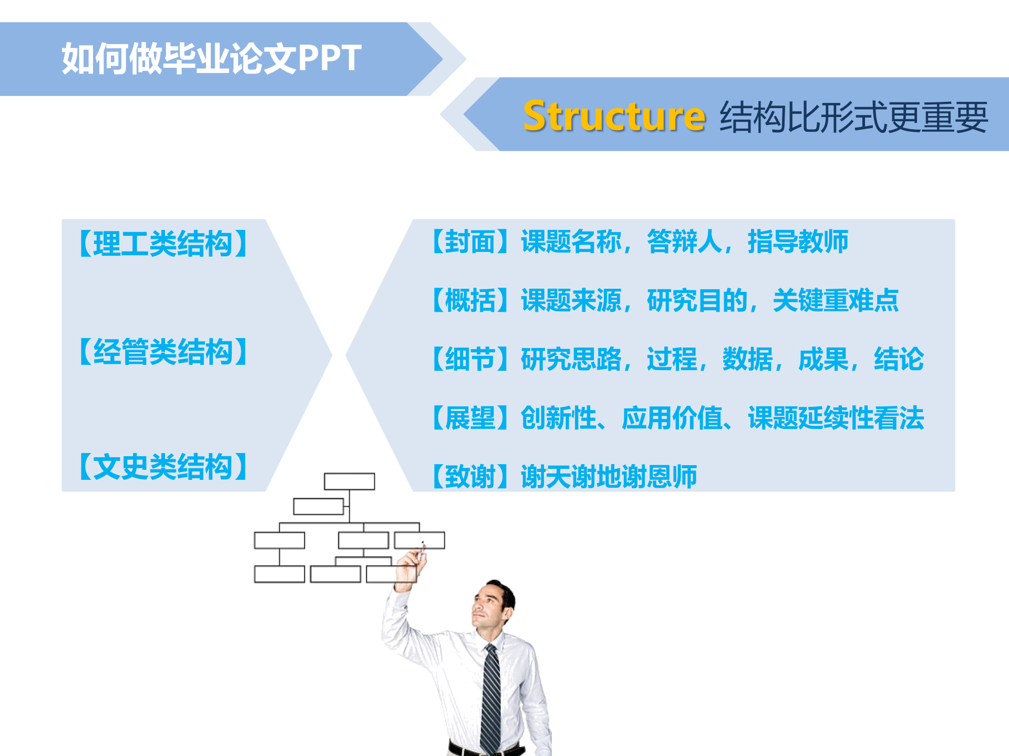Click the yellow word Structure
[x=614, y=116]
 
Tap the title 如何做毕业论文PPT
[x=211, y=58]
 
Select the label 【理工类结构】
[x=163, y=244]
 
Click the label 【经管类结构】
[x=163, y=352]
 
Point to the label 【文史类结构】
[x=163, y=467]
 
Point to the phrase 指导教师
[x=798, y=241]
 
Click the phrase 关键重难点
[x=836, y=300]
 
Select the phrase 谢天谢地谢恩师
[x=609, y=477]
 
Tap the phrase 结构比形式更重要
[x=854, y=117]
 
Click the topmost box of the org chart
[x=349, y=481]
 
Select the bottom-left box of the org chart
[x=279, y=574]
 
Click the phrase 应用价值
[x=672, y=418]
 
